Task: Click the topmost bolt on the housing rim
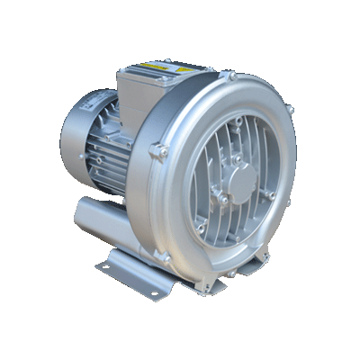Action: (232, 78)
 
